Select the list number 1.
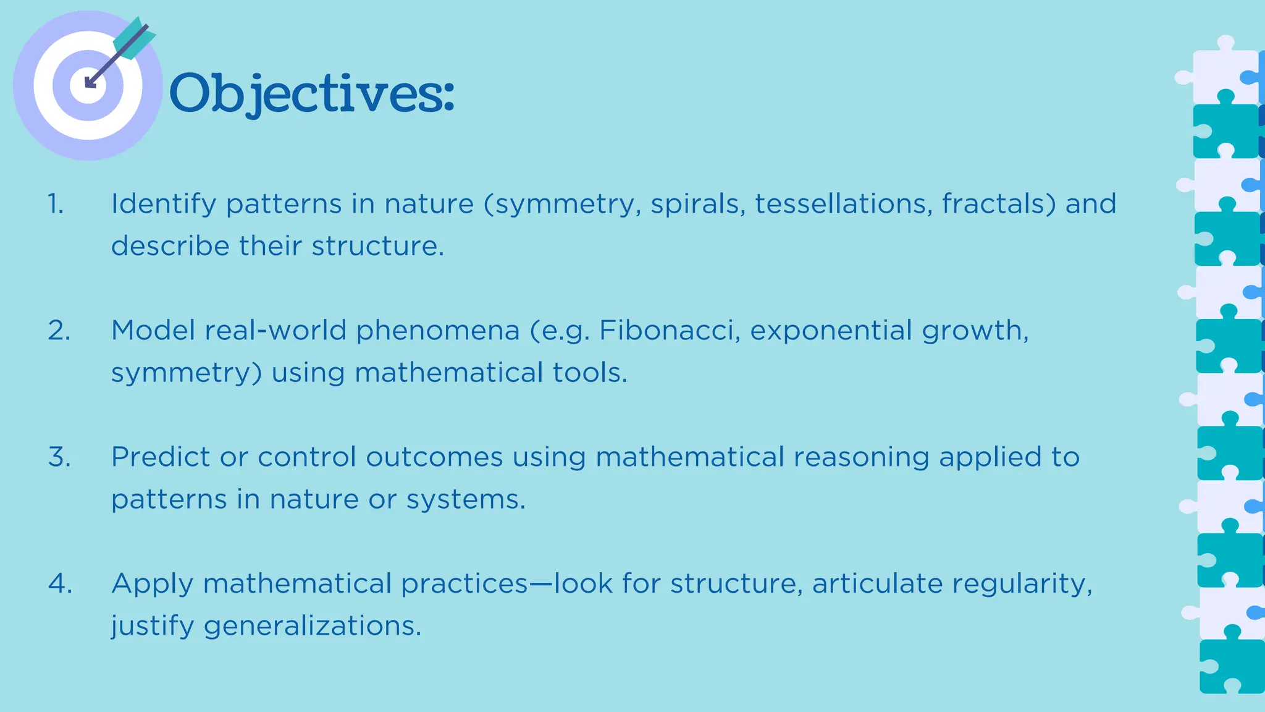[56, 204]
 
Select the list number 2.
[59, 331]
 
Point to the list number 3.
[59, 457]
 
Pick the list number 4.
[60, 584]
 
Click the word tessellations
[844, 204]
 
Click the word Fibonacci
[670, 331]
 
